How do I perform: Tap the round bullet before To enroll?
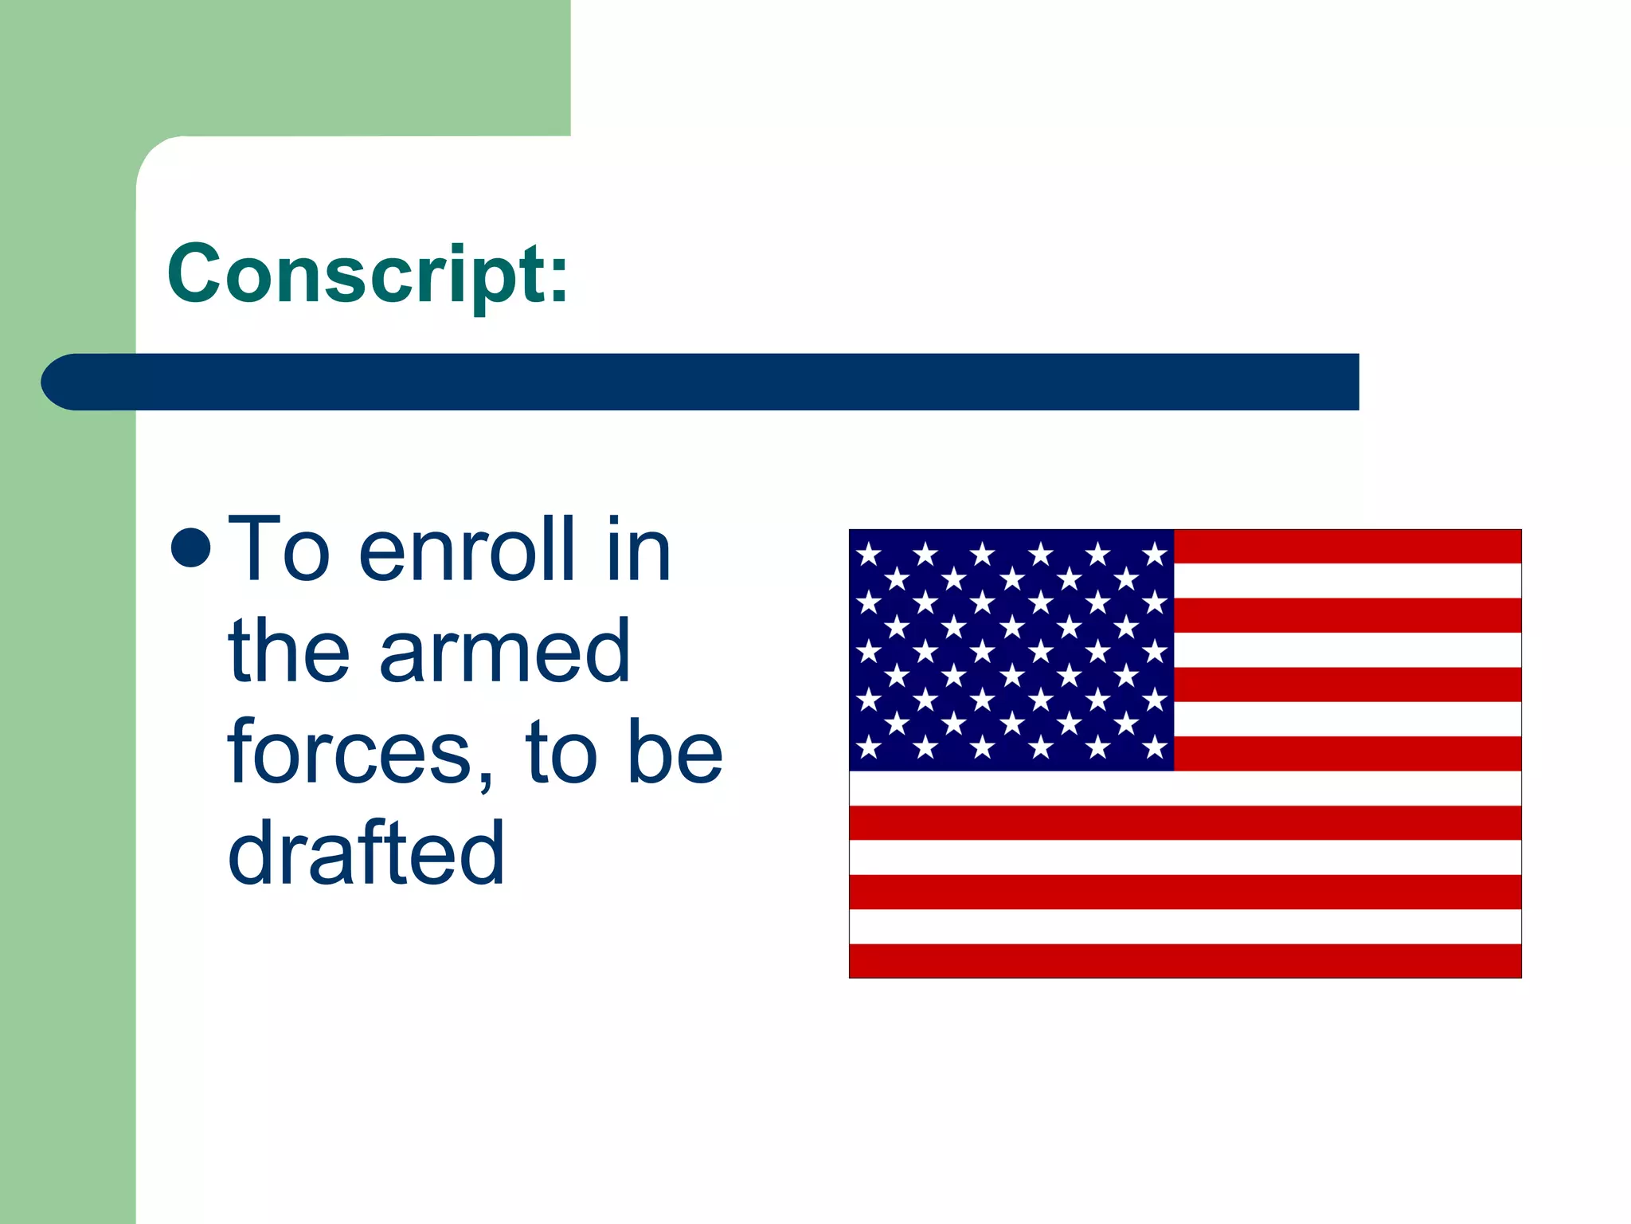[x=191, y=548]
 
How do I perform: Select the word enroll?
[x=467, y=550]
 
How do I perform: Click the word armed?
[x=505, y=651]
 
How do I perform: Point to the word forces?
[x=350, y=752]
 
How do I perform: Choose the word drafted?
[x=366, y=854]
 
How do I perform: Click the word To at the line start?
[x=278, y=550]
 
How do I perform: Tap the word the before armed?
[x=288, y=651]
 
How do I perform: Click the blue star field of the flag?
[x=1011, y=650]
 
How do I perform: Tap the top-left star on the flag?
[x=869, y=553]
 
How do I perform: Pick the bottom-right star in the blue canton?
[x=1155, y=747]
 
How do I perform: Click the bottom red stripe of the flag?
[x=1185, y=960]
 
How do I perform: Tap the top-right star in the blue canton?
[x=1155, y=553]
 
